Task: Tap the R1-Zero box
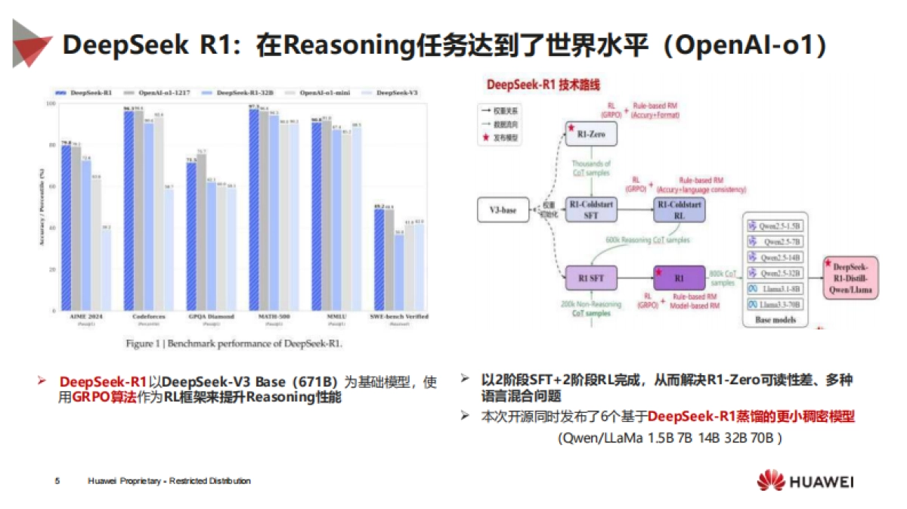tap(591, 133)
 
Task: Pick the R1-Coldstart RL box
tap(679, 209)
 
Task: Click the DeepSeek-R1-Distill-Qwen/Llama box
tap(851, 278)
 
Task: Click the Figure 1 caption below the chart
tap(234, 343)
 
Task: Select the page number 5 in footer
tap(57, 481)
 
